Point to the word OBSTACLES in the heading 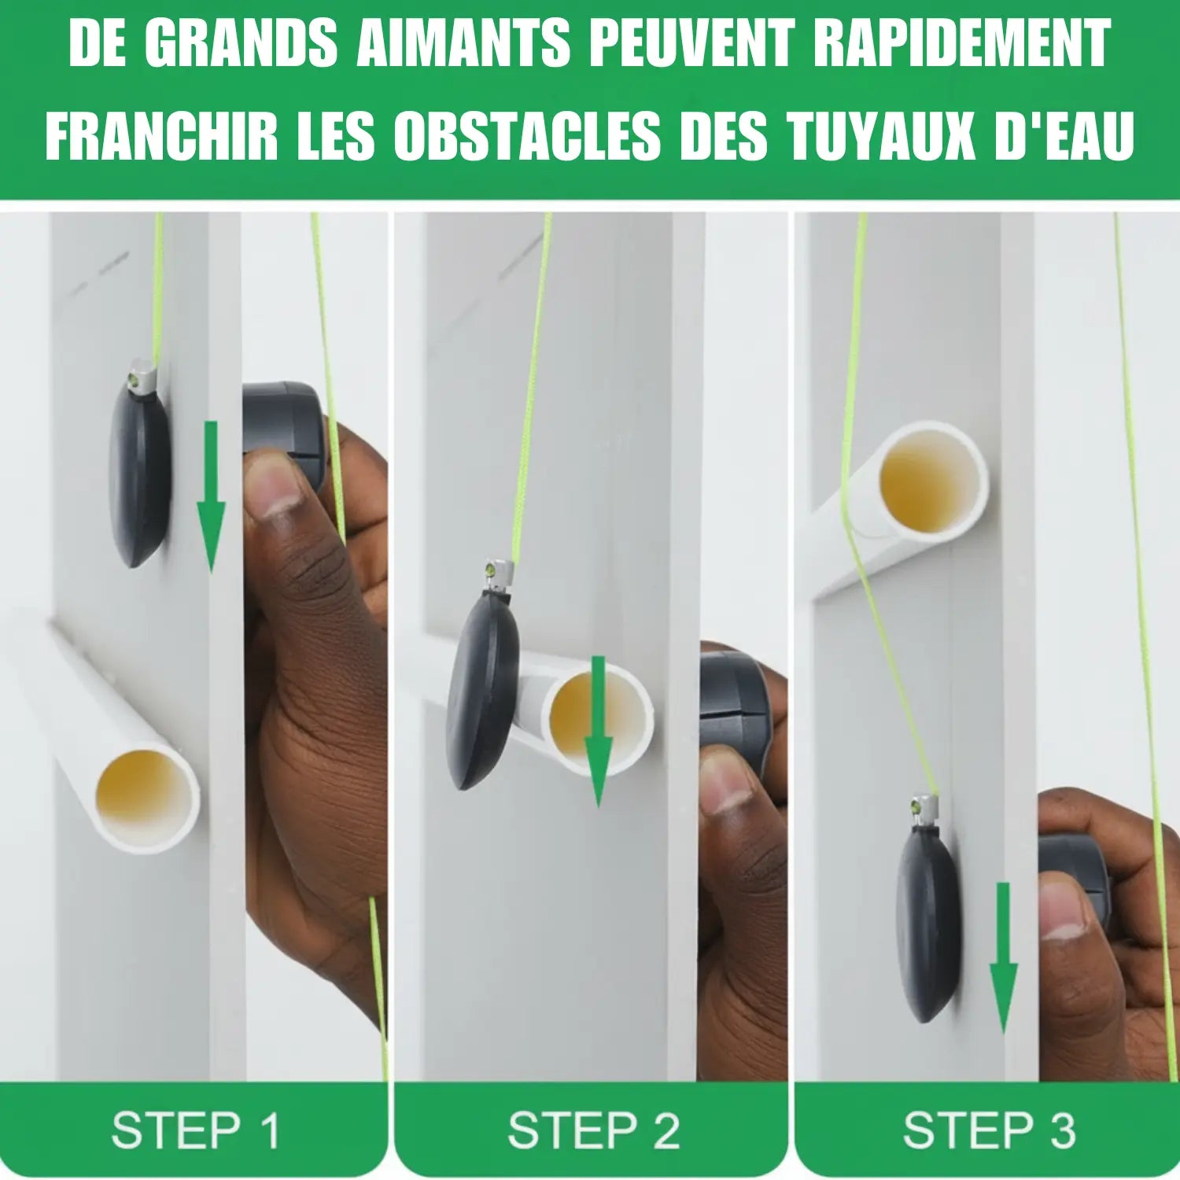[x=527, y=135]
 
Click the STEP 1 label [x=196, y=1130]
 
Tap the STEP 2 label [x=593, y=1130]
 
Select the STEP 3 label [x=989, y=1130]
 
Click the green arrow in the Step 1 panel [x=211, y=496]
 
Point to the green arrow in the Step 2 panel [x=598, y=731]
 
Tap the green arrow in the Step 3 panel [x=1003, y=957]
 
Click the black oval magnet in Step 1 [x=140, y=473]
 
